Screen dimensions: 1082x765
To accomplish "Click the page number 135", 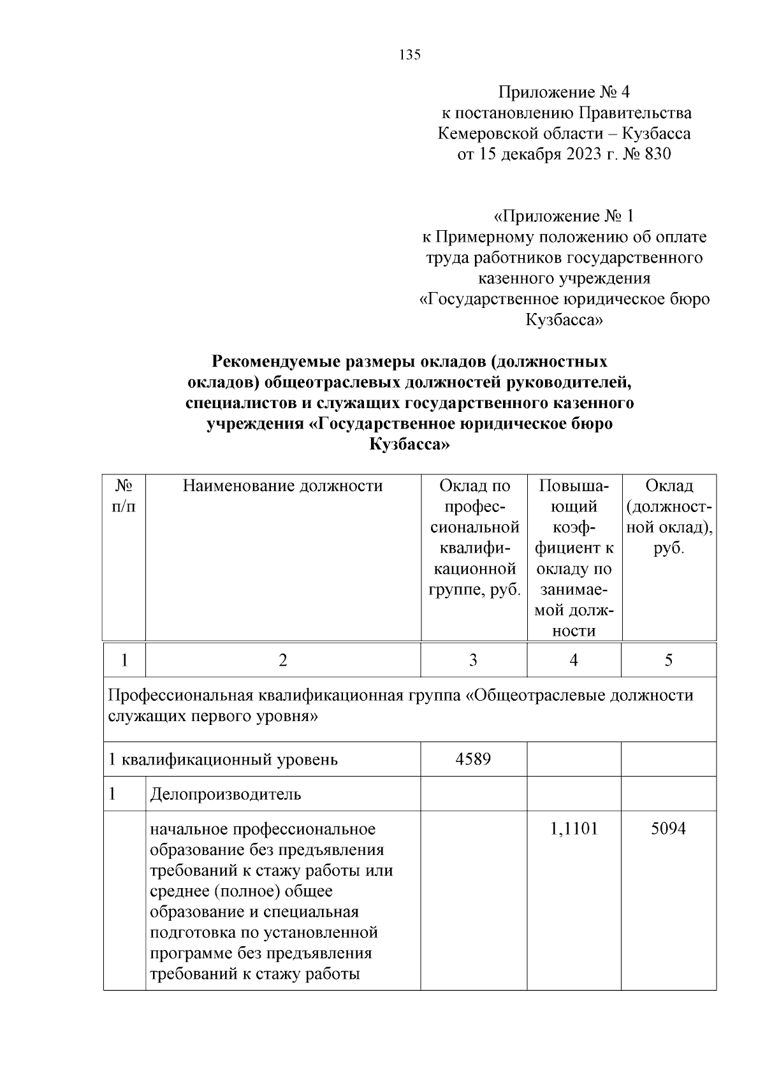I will (x=410, y=55).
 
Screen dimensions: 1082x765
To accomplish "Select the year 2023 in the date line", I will (x=579, y=154).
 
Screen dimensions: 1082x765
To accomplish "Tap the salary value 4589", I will (x=473, y=759).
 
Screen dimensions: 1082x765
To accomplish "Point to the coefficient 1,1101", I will (x=574, y=829).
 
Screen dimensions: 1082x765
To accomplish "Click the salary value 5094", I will (x=668, y=829).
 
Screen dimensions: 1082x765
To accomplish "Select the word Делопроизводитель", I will (x=226, y=794).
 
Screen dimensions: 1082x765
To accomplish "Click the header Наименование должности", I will (x=282, y=486).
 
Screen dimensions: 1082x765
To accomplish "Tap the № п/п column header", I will (x=124, y=496).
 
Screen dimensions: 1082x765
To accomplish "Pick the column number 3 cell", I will (x=473, y=660).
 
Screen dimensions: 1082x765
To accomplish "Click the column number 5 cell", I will (x=668, y=660).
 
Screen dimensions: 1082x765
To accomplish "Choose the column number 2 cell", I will (x=282, y=660).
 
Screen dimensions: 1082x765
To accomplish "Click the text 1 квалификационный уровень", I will (x=223, y=759).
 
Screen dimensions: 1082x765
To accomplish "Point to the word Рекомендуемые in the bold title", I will (x=276, y=362).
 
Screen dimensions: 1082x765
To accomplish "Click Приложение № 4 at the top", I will (x=564, y=92).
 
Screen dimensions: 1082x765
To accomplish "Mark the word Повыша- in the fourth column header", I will (x=574, y=486).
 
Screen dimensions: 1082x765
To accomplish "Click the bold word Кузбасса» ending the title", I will (x=410, y=445).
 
